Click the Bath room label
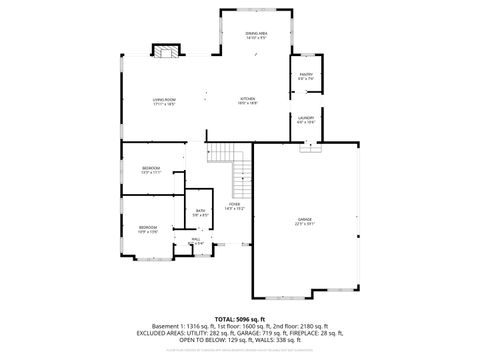click(x=200, y=211)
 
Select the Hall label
click(x=197, y=240)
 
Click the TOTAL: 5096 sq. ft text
click(x=239, y=318)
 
